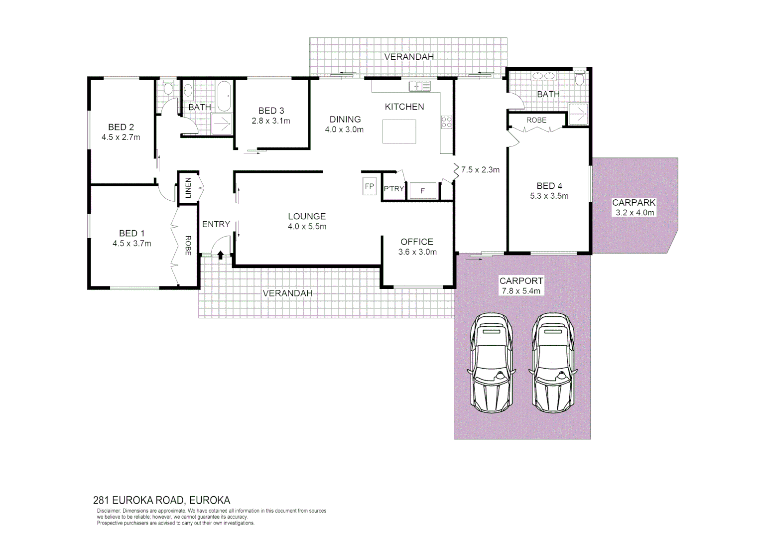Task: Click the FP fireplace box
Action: [x=369, y=186]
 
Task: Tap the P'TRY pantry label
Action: [x=393, y=189]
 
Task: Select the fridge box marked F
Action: [x=423, y=191]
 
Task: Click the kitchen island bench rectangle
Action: [x=399, y=132]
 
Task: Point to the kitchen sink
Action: [x=419, y=86]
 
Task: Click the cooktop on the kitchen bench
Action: [x=446, y=122]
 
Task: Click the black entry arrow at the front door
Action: [x=221, y=255]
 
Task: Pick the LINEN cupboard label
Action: [x=188, y=188]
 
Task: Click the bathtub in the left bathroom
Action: [x=223, y=96]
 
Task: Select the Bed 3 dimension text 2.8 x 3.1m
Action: [x=271, y=121]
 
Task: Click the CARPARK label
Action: [x=634, y=203]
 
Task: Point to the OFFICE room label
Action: [x=417, y=242]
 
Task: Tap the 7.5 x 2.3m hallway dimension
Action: [x=480, y=170]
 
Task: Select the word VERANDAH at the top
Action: [x=409, y=57]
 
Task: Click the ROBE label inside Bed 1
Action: [x=188, y=245]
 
